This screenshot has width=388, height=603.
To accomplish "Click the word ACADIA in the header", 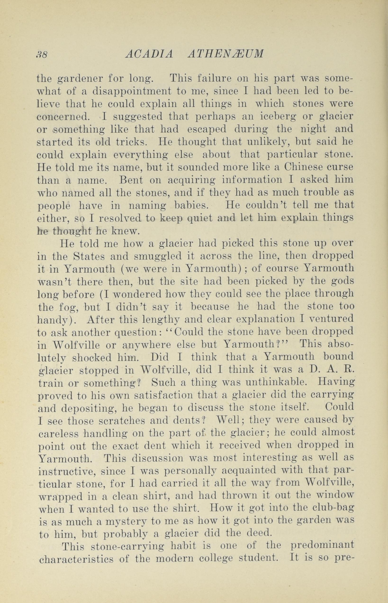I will (149, 54).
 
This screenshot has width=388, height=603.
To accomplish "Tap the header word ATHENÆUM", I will (226, 54).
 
